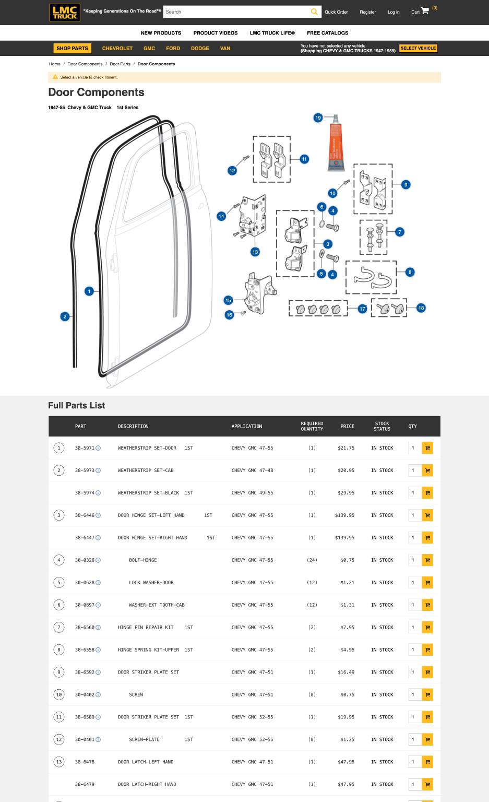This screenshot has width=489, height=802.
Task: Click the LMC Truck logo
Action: pos(65,13)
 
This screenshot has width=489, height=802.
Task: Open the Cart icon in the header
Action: pos(425,11)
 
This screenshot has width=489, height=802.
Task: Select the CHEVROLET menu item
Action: pos(117,49)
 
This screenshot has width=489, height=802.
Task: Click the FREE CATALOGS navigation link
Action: pos(327,33)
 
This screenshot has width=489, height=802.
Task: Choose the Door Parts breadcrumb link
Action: pos(120,64)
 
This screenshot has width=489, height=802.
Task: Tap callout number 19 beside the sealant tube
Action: pos(318,118)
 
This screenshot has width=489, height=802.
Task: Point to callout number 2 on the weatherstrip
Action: pos(65,316)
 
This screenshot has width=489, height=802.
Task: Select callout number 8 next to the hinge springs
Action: pos(410,272)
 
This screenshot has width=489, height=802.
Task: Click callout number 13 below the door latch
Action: pos(255,252)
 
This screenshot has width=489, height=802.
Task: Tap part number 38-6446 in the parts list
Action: pos(85,515)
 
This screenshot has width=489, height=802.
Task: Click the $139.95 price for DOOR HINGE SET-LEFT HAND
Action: pos(344,515)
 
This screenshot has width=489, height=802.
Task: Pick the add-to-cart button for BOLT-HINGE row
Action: pos(427,560)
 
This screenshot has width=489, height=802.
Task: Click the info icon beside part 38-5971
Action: pos(98,448)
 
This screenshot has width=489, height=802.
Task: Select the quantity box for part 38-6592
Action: pos(414,673)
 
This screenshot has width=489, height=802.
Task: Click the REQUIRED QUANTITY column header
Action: pos(312,426)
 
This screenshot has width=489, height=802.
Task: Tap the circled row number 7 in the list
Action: pos(59,628)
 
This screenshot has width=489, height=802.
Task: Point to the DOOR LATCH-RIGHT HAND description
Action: pos(147,784)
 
